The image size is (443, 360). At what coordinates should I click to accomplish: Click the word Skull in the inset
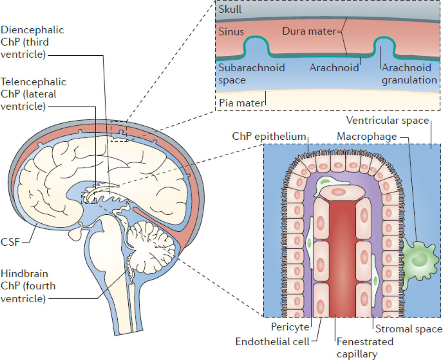pyautogui.click(x=230, y=9)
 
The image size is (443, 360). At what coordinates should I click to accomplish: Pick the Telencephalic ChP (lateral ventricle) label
pyautogui.click(x=34, y=94)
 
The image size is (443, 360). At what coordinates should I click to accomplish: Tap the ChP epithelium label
pyautogui.click(x=269, y=136)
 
